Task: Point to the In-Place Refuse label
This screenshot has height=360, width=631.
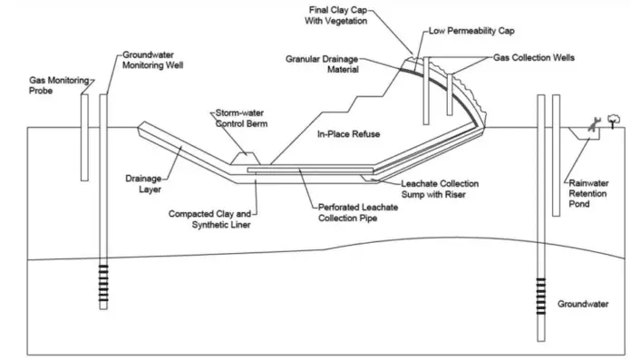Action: [x=347, y=134]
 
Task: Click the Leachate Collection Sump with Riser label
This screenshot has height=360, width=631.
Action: [x=439, y=190]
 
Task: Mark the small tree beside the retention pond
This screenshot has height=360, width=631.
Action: [x=615, y=119]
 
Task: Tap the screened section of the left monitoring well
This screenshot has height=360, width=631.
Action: [x=103, y=282]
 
